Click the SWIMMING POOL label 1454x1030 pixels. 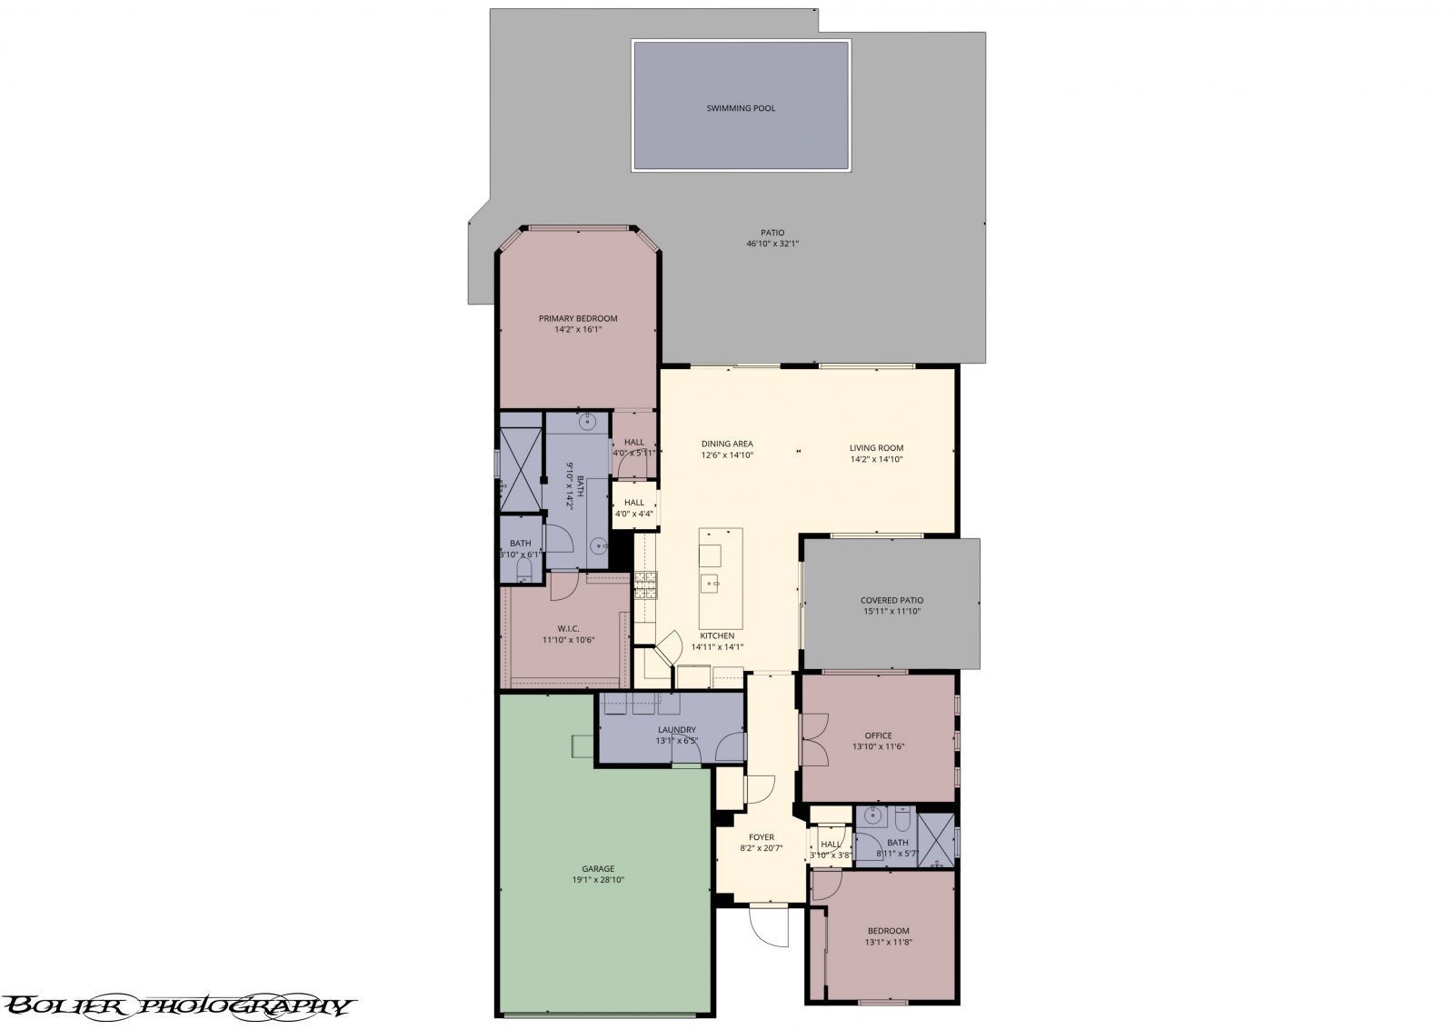point(741,108)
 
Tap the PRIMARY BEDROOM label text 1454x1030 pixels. point(578,318)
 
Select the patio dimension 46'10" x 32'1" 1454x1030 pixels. point(772,244)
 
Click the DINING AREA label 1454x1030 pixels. point(727,444)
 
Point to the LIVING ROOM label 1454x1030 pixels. point(876,447)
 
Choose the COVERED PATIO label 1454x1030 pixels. point(891,600)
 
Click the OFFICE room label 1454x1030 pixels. point(878,735)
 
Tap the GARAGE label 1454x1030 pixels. point(598,868)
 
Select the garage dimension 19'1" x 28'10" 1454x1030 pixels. point(598,880)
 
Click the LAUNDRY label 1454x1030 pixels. point(676,729)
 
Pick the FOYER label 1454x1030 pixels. point(761,837)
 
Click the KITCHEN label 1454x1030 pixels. point(717,635)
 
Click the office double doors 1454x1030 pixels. point(814,738)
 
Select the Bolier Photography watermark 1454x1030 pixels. point(177,1005)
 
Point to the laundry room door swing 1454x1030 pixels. point(731,748)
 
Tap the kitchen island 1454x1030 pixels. point(721,573)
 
